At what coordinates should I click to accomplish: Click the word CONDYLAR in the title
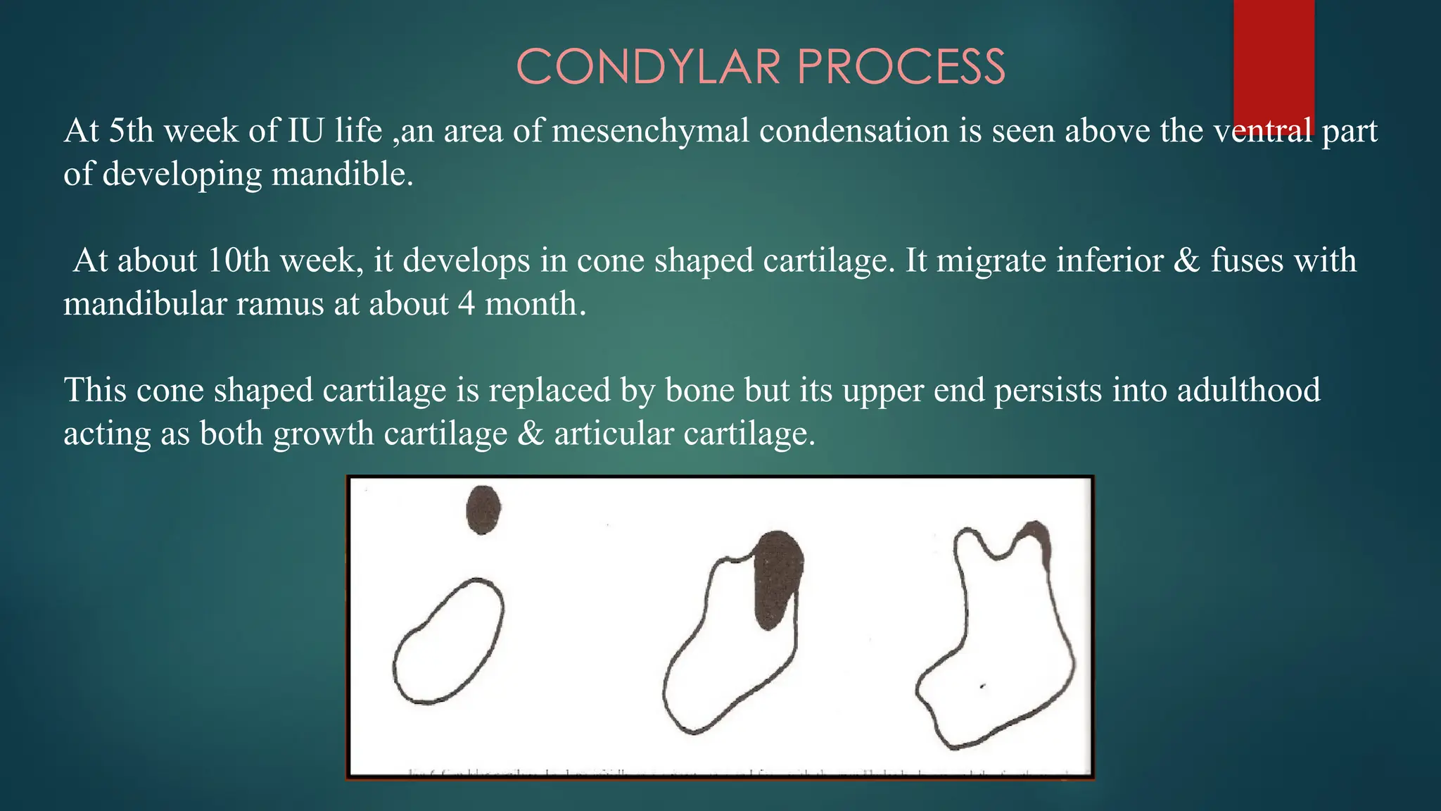(648, 68)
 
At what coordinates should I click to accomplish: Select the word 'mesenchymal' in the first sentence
(651, 131)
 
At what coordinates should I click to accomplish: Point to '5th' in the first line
(131, 131)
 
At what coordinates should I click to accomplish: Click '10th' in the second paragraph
(239, 260)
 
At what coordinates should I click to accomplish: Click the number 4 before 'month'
(466, 304)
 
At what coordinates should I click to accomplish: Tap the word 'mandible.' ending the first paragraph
(343, 175)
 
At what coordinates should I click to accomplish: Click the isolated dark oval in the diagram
(483, 509)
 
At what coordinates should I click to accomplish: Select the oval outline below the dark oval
(448, 641)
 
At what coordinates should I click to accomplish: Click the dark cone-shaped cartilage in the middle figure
(777, 577)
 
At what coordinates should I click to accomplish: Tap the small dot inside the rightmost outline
(983, 686)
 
